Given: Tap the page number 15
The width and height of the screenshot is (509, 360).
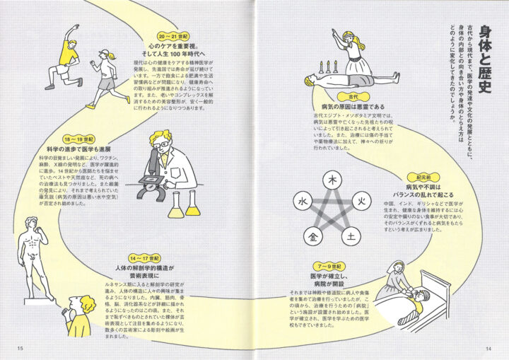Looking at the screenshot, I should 21,347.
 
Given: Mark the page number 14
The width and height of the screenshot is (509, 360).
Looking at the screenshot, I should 487,347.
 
